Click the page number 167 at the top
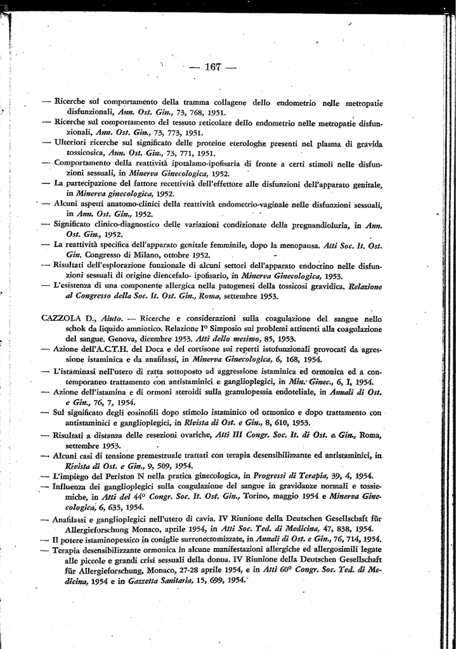[x=211, y=68]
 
